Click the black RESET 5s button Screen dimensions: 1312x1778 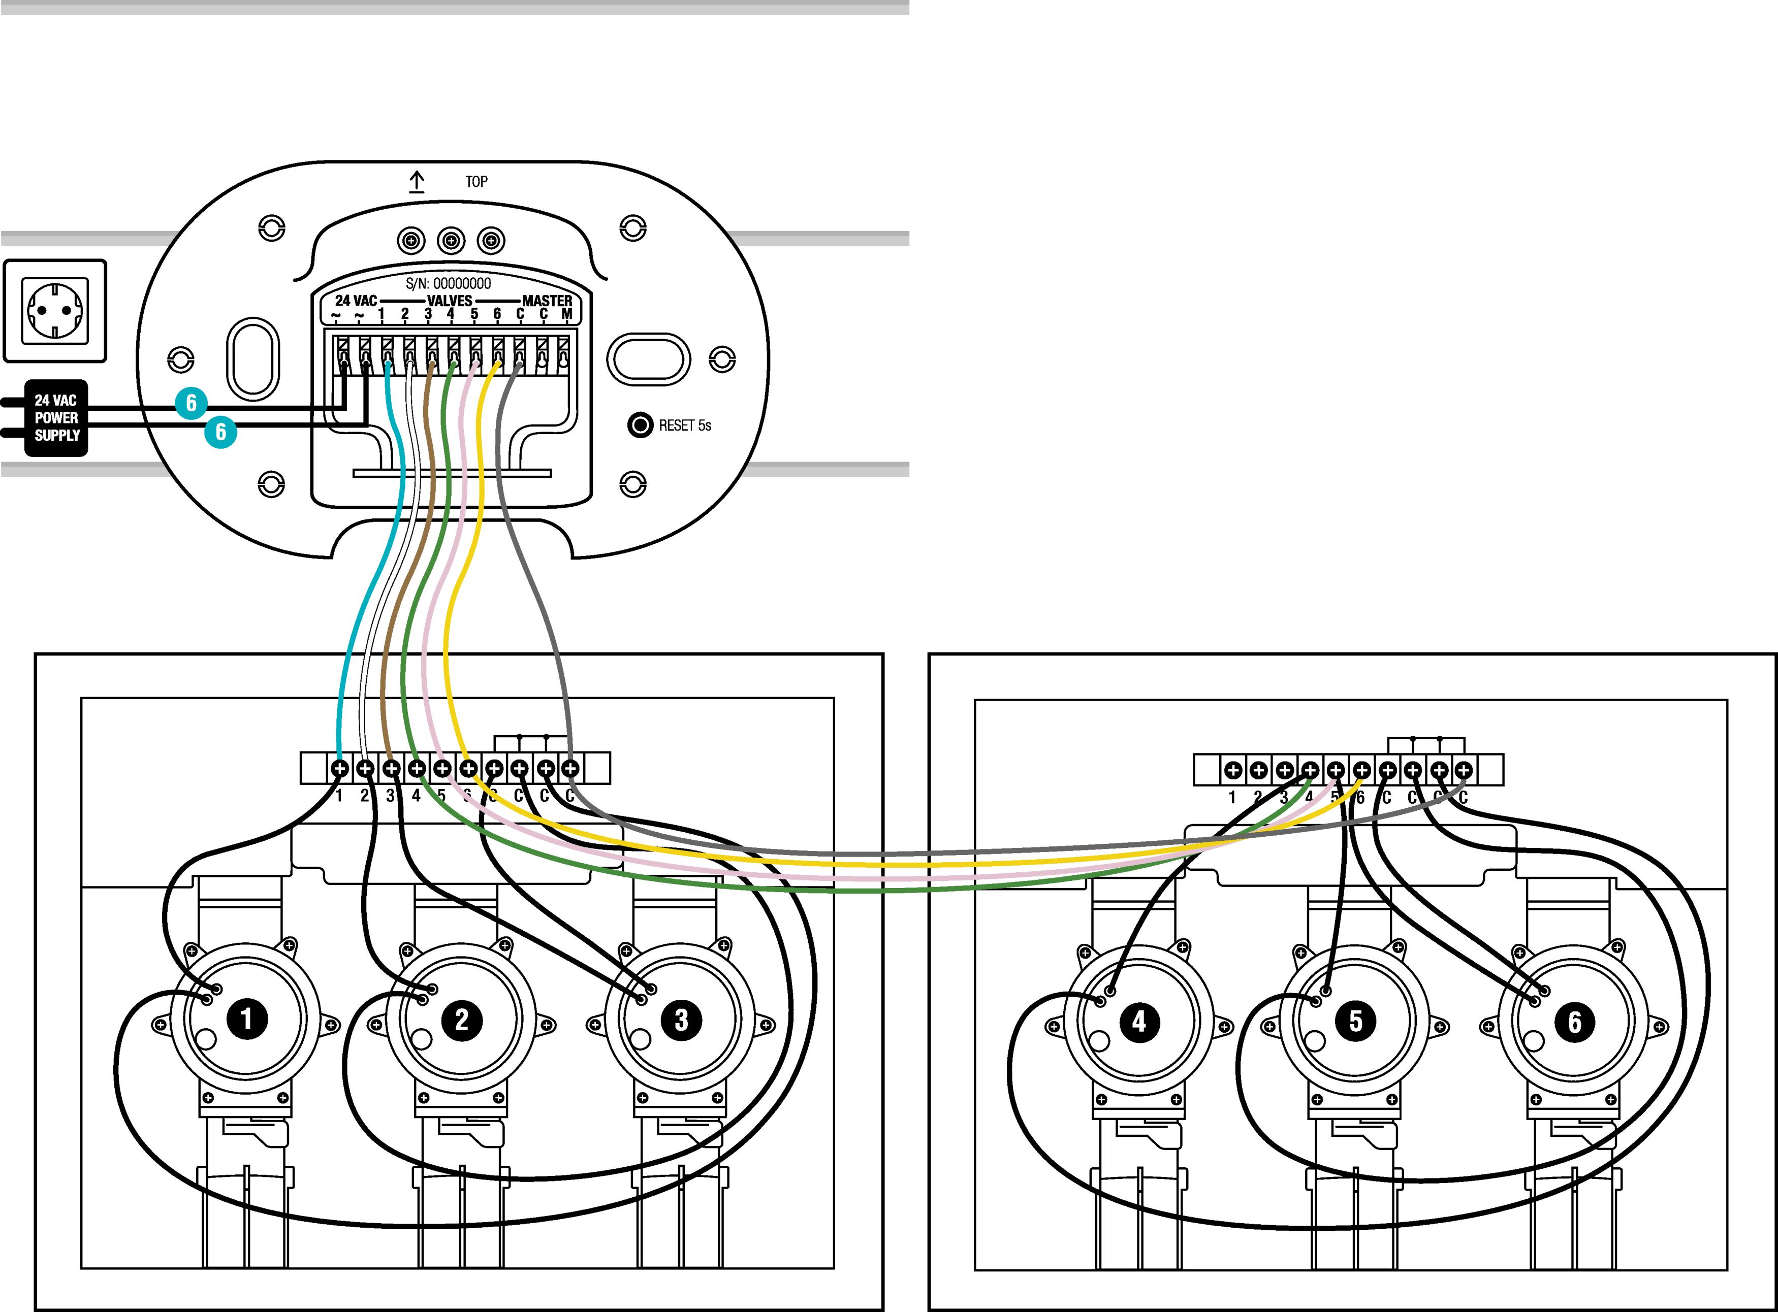(x=640, y=425)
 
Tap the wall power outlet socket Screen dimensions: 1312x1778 (x=55, y=310)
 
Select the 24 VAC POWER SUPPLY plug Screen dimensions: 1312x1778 (x=55, y=418)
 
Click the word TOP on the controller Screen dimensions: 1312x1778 (x=477, y=182)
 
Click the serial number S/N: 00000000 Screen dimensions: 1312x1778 (x=448, y=283)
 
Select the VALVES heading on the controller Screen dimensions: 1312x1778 (x=450, y=301)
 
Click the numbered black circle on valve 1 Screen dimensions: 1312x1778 (x=246, y=1018)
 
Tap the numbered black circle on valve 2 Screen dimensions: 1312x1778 (x=462, y=1019)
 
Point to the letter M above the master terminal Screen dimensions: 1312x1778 (x=566, y=314)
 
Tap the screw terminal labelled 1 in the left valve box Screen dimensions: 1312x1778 (x=339, y=768)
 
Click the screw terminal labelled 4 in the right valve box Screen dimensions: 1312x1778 (x=1309, y=770)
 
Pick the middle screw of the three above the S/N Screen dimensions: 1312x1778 (x=451, y=240)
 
